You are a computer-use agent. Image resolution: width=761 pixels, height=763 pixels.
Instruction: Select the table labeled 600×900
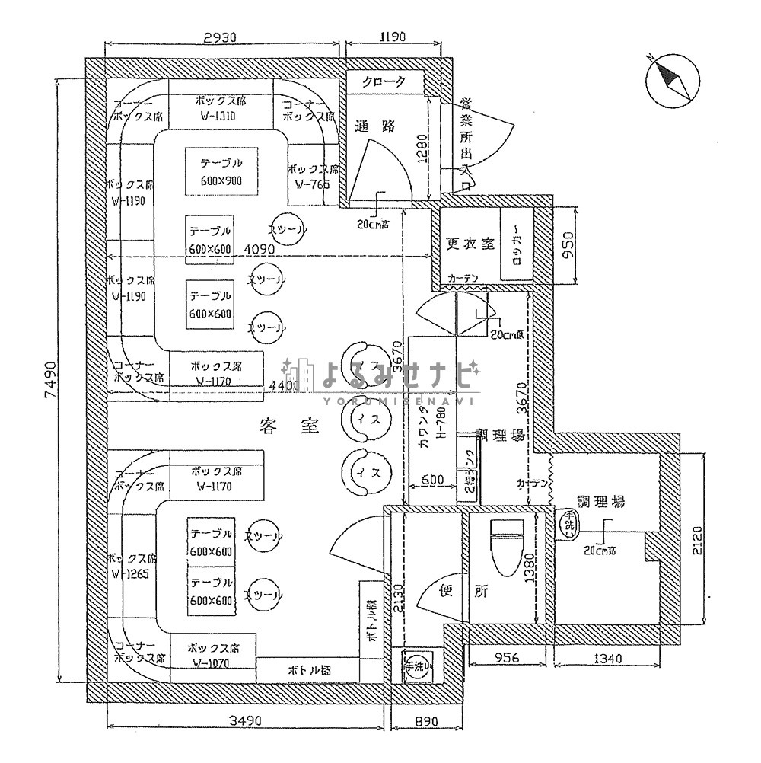coord(221,171)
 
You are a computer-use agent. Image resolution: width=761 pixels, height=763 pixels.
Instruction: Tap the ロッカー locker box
coord(516,245)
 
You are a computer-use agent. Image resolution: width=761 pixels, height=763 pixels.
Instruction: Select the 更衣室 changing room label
coord(470,244)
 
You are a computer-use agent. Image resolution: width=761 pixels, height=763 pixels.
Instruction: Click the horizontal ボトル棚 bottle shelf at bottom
coord(307,670)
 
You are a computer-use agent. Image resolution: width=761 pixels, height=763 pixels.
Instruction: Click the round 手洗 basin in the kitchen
coord(568,522)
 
